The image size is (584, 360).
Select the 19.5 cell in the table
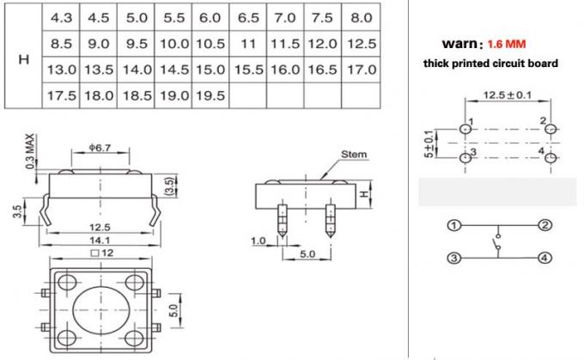210,95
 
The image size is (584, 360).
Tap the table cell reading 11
248,43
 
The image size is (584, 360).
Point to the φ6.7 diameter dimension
100,149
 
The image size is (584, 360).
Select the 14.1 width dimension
101,240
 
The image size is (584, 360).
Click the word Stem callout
354,155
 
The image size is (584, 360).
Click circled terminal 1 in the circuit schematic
453,227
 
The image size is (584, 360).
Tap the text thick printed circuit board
490,64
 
